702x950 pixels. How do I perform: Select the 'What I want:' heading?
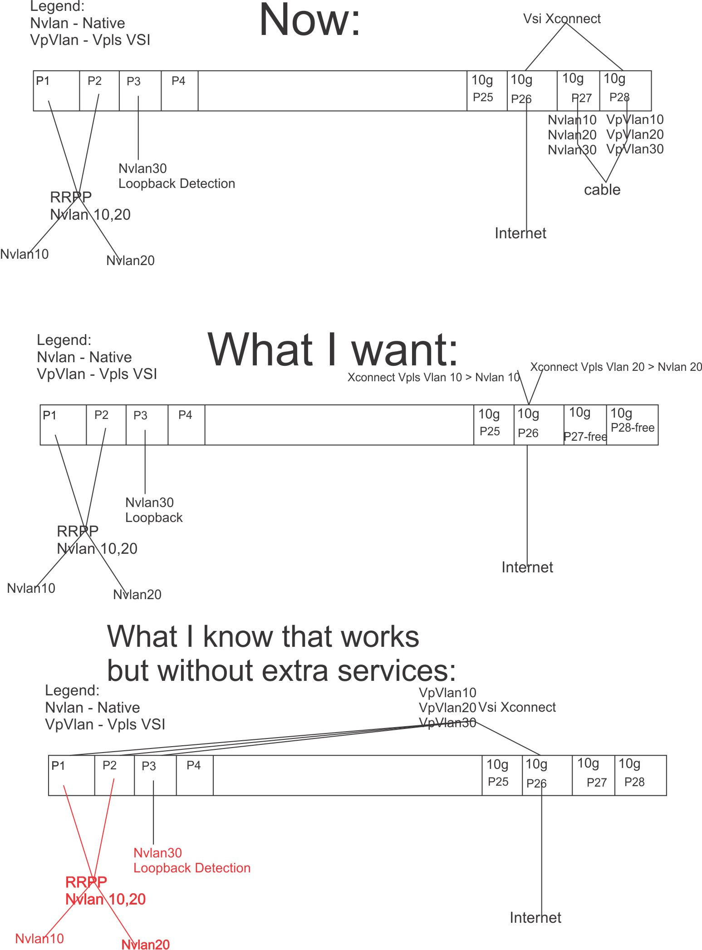coord(333,349)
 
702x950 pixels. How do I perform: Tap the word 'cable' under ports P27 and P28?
coord(602,189)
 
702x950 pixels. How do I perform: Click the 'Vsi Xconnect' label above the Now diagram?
coord(562,19)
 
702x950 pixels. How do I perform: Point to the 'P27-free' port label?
coord(585,437)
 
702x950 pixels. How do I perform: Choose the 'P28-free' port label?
coord(633,428)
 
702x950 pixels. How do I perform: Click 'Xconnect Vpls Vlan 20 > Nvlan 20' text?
coord(616,367)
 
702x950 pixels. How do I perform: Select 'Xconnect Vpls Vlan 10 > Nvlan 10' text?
coord(434,377)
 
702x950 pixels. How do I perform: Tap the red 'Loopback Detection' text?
coord(192,868)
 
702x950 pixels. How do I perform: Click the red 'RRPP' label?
coord(86,882)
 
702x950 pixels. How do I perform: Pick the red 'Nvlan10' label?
coord(39,939)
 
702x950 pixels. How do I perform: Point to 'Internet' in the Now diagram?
coord(520,233)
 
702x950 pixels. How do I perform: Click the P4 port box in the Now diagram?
coord(180,91)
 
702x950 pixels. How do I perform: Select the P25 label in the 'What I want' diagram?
coord(490,431)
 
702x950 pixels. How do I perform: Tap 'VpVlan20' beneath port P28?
coord(635,134)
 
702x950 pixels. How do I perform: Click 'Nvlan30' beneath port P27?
coord(572,150)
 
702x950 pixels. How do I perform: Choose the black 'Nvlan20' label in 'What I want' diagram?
coord(137,595)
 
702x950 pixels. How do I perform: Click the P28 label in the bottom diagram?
coord(634,782)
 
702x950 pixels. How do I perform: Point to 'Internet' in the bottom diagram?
coord(535,918)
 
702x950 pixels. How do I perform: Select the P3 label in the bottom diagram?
coord(149,766)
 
